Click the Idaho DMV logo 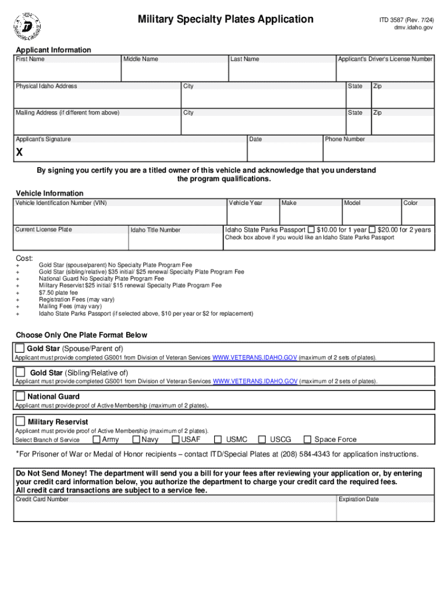(27, 25)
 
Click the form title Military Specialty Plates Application (225, 20)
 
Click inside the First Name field (67, 72)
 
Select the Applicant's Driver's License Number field (385, 72)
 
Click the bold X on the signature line (20, 152)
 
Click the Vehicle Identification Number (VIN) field (119, 215)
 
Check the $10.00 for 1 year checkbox (311, 229)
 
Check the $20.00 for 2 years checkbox (372, 229)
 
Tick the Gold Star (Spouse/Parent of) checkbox (20, 348)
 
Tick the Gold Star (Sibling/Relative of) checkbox (20, 372)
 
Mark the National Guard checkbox (20, 396)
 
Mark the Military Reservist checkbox (20, 421)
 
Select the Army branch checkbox (97, 439)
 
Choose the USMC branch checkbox (218, 439)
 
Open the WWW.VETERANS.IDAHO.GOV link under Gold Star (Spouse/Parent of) (255, 357)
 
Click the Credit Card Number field (175, 512)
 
